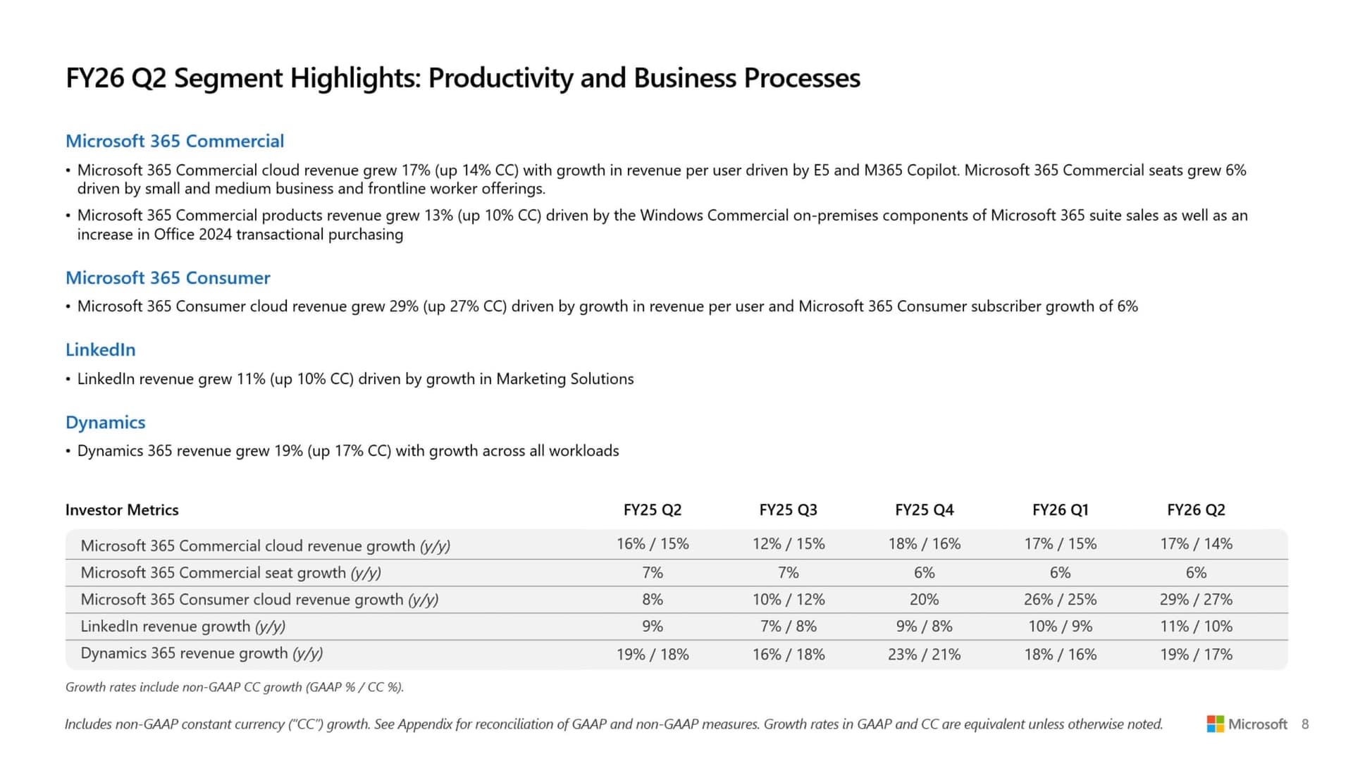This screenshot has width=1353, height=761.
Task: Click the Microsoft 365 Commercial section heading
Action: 175,141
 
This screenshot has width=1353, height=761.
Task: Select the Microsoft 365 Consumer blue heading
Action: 168,278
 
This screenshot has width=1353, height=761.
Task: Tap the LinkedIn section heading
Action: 100,349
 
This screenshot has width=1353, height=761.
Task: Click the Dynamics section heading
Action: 105,422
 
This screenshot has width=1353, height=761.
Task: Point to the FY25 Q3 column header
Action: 788,509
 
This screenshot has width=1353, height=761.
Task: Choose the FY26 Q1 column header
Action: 1060,509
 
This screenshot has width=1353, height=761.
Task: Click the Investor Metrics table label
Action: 122,509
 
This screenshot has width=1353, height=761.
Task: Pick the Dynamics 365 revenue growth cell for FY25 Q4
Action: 924,654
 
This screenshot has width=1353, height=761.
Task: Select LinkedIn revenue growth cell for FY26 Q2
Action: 1196,626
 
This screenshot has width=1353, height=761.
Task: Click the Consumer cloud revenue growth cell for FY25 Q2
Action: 652,599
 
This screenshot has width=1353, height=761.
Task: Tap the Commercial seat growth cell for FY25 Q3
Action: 788,572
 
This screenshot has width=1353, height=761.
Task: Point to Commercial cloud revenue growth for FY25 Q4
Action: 924,543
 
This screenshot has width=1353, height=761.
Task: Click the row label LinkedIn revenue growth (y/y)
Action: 183,626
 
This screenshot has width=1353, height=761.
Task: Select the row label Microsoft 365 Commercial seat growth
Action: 230,572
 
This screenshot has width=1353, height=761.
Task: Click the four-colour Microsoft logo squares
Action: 1215,724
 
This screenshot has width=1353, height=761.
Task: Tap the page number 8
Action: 1305,724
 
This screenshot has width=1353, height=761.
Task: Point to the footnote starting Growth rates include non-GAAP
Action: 234,687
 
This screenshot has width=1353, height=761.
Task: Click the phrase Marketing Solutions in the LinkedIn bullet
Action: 564,378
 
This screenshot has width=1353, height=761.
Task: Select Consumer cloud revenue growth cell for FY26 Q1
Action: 1060,599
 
